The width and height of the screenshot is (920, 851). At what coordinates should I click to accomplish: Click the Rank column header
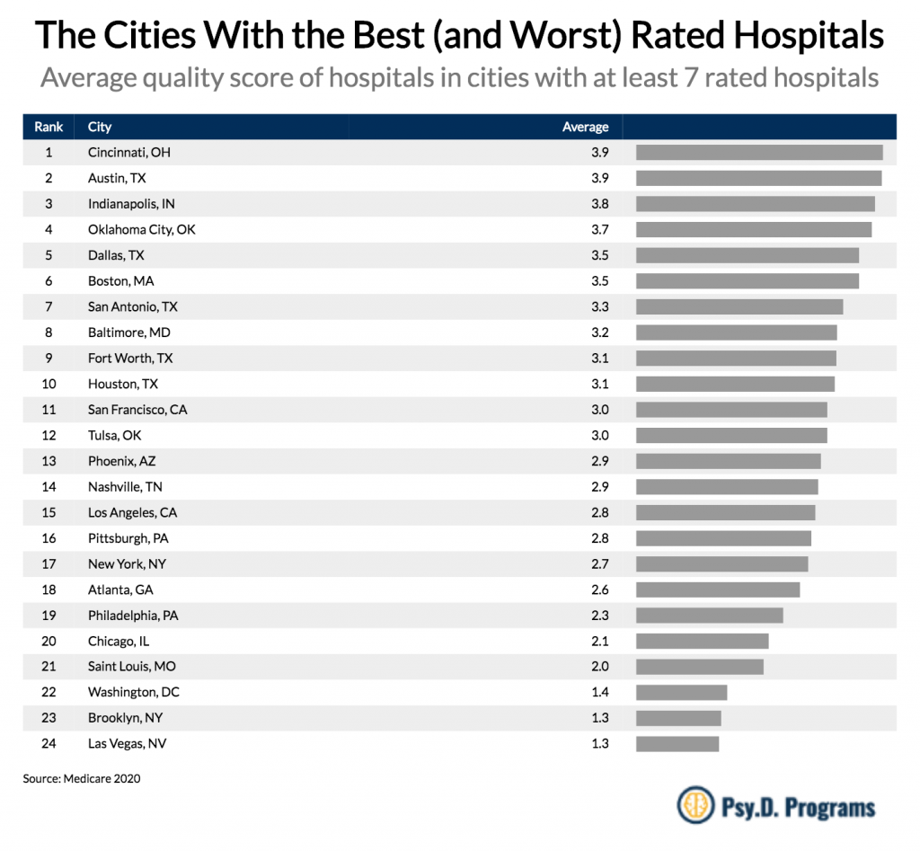click(x=49, y=127)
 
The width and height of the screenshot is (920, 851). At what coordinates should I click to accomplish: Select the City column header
click(x=100, y=127)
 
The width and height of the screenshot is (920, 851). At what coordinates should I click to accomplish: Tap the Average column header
click(x=585, y=127)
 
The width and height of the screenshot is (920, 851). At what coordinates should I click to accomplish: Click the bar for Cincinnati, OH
click(x=759, y=153)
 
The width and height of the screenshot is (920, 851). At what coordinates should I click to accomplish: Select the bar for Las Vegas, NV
click(x=677, y=744)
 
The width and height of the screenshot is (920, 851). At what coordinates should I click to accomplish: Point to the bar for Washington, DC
click(x=681, y=693)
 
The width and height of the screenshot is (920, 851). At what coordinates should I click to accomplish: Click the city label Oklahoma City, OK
click(x=141, y=230)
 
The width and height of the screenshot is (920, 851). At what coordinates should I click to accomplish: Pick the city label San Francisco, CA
click(x=137, y=410)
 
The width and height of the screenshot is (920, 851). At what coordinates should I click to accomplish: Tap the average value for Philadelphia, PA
click(x=599, y=616)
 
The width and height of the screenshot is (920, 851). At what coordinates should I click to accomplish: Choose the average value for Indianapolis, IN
click(x=599, y=204)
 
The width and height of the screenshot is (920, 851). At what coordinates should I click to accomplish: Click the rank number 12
click(x=49, y=436)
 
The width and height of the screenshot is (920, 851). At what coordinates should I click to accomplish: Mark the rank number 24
click(x=49, y=744)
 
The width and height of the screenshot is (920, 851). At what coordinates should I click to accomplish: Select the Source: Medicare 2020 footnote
click(x=82, y=779)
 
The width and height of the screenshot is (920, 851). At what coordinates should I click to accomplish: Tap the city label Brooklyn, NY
click(x=125, y=718)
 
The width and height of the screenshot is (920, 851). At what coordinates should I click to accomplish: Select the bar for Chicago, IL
click(x=702, y=642)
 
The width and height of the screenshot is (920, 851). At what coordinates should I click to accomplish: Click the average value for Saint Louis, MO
click(x=599, y=667)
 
